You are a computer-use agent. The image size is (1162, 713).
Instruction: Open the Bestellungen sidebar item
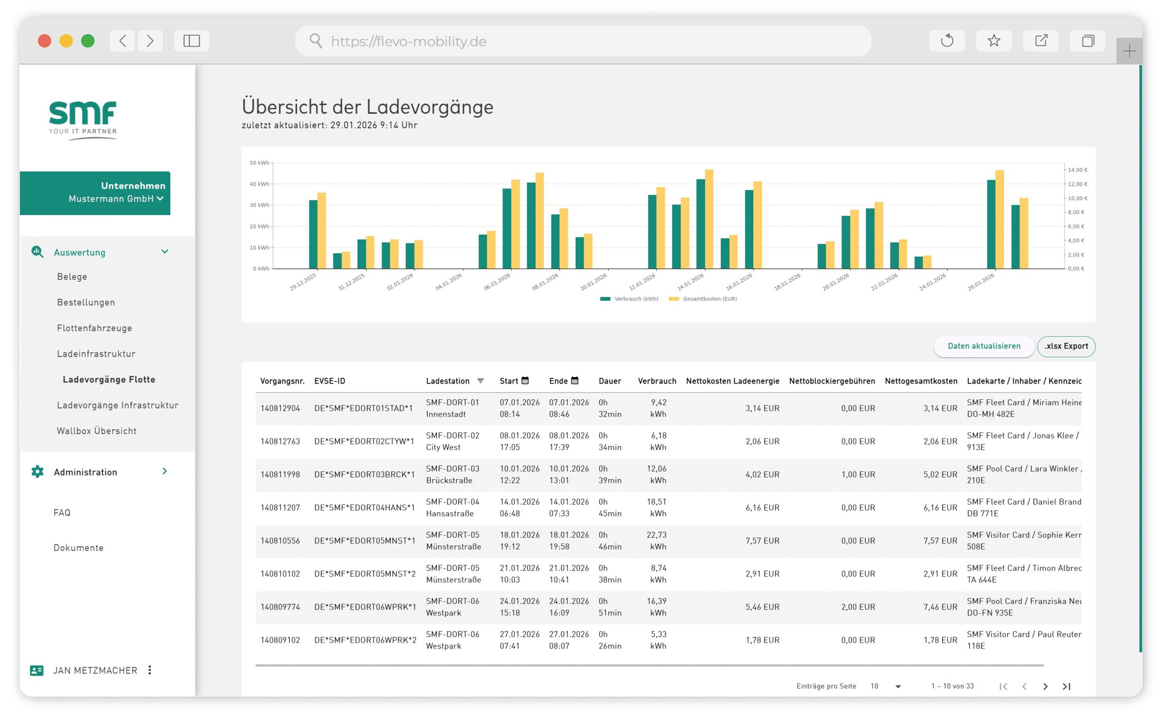coord(86,302)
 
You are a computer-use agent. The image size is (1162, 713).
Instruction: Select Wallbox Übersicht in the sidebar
coord(97,431)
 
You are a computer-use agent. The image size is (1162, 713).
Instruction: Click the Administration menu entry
coord(85,472)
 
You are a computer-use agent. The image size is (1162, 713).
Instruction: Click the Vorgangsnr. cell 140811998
coord(280,474)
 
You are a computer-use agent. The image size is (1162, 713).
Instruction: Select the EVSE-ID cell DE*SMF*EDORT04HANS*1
coord(364,507)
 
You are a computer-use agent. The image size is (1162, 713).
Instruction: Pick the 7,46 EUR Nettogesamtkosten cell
coord(940,607)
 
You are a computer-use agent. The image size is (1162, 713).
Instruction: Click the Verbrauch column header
coord(656,381)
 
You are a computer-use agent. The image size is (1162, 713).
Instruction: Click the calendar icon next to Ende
coord(574,380)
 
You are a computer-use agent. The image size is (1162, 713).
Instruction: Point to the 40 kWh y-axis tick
coord(259,184)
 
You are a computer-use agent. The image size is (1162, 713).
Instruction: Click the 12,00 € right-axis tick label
coord(1077,184)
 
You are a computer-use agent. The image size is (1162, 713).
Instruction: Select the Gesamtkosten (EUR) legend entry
coord(709,299)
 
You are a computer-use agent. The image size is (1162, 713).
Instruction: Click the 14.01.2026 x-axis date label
coord(690,282)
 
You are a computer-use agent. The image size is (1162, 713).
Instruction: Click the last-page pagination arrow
coord(1066,686)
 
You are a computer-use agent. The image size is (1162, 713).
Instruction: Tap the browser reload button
coord(946,41)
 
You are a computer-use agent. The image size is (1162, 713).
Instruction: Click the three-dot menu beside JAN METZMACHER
coord(149,670)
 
